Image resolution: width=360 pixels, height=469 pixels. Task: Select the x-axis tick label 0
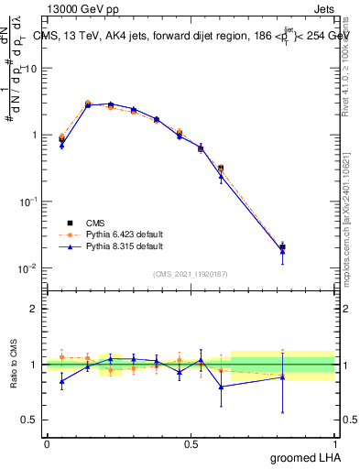click(47, 443)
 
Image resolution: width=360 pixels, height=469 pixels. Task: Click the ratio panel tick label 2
click(34, 309)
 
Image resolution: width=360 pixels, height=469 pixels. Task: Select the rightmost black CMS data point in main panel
click(282, 247)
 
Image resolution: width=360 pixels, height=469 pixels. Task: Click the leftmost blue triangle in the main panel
click(61, 145)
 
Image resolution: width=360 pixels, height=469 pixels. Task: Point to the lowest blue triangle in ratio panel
click(221, 387)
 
